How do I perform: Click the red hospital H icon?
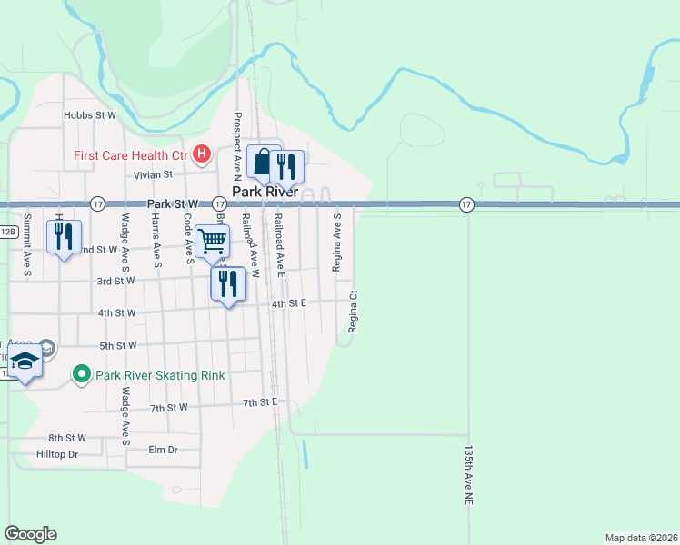pos(203,155)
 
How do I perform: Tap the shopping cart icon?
pos(212,241)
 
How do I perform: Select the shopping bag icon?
pos(264,163)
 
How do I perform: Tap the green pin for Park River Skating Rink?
pos(81,374)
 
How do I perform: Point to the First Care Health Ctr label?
pos(131,155)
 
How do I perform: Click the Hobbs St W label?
pos(90,115)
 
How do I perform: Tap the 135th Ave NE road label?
pos(468,475)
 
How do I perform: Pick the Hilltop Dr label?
pos(58,453)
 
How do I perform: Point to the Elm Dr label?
pos(162,449)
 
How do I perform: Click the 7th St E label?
pos(259,401)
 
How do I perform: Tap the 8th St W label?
pos(67,438)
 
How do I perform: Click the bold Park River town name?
pos(265,193)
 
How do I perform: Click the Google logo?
pos(30,534)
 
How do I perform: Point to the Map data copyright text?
pos(641,538)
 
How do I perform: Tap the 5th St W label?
pos(117,345)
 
